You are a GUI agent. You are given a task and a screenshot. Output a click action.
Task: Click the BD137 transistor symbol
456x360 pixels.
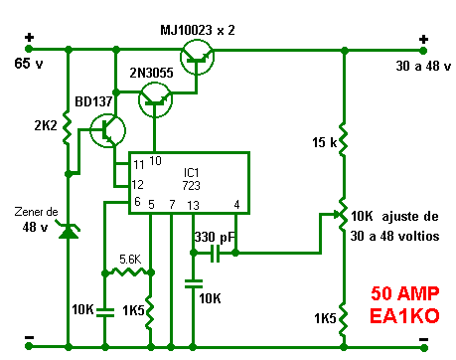click(107, 130)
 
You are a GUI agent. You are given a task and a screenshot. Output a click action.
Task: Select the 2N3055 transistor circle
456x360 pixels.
click(155, 99)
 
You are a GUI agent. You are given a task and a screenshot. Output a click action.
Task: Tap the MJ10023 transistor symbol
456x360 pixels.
click(197, 57)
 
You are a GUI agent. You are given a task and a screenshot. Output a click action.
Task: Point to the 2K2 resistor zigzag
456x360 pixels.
click(68, 127)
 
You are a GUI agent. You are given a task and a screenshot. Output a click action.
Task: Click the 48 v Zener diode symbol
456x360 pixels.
click(69, 231)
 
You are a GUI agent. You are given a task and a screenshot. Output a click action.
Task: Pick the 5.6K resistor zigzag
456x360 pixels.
click(128, 272)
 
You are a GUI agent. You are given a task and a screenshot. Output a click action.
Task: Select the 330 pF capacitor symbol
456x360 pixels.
click(216, 254)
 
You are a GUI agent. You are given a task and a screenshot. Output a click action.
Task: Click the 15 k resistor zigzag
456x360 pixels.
click(344, 139)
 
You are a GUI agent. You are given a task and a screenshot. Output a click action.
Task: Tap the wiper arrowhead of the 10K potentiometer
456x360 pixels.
click(337, 214)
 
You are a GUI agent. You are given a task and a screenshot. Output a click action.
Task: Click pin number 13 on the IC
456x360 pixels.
click(193, 206)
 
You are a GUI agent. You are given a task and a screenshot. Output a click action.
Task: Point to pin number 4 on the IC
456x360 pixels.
click(236, 205)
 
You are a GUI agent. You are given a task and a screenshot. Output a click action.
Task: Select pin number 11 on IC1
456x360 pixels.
click(139, 164)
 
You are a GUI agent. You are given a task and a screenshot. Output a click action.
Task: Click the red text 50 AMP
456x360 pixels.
click(404, 293)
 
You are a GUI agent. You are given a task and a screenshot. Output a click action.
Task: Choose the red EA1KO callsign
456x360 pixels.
click(404, 316)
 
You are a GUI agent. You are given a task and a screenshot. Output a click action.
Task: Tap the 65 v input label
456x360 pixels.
click(29, 64)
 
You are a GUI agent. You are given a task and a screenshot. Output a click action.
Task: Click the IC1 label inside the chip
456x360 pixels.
click(191, 173)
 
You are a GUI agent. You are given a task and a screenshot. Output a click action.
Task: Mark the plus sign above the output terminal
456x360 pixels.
click(423, 40)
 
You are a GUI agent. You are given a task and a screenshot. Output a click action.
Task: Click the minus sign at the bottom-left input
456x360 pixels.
click(30, 337)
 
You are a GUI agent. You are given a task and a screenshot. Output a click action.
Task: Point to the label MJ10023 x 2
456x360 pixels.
click(198, 30)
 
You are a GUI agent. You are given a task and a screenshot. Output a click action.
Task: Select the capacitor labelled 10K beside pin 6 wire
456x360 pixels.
click(105, 312)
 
